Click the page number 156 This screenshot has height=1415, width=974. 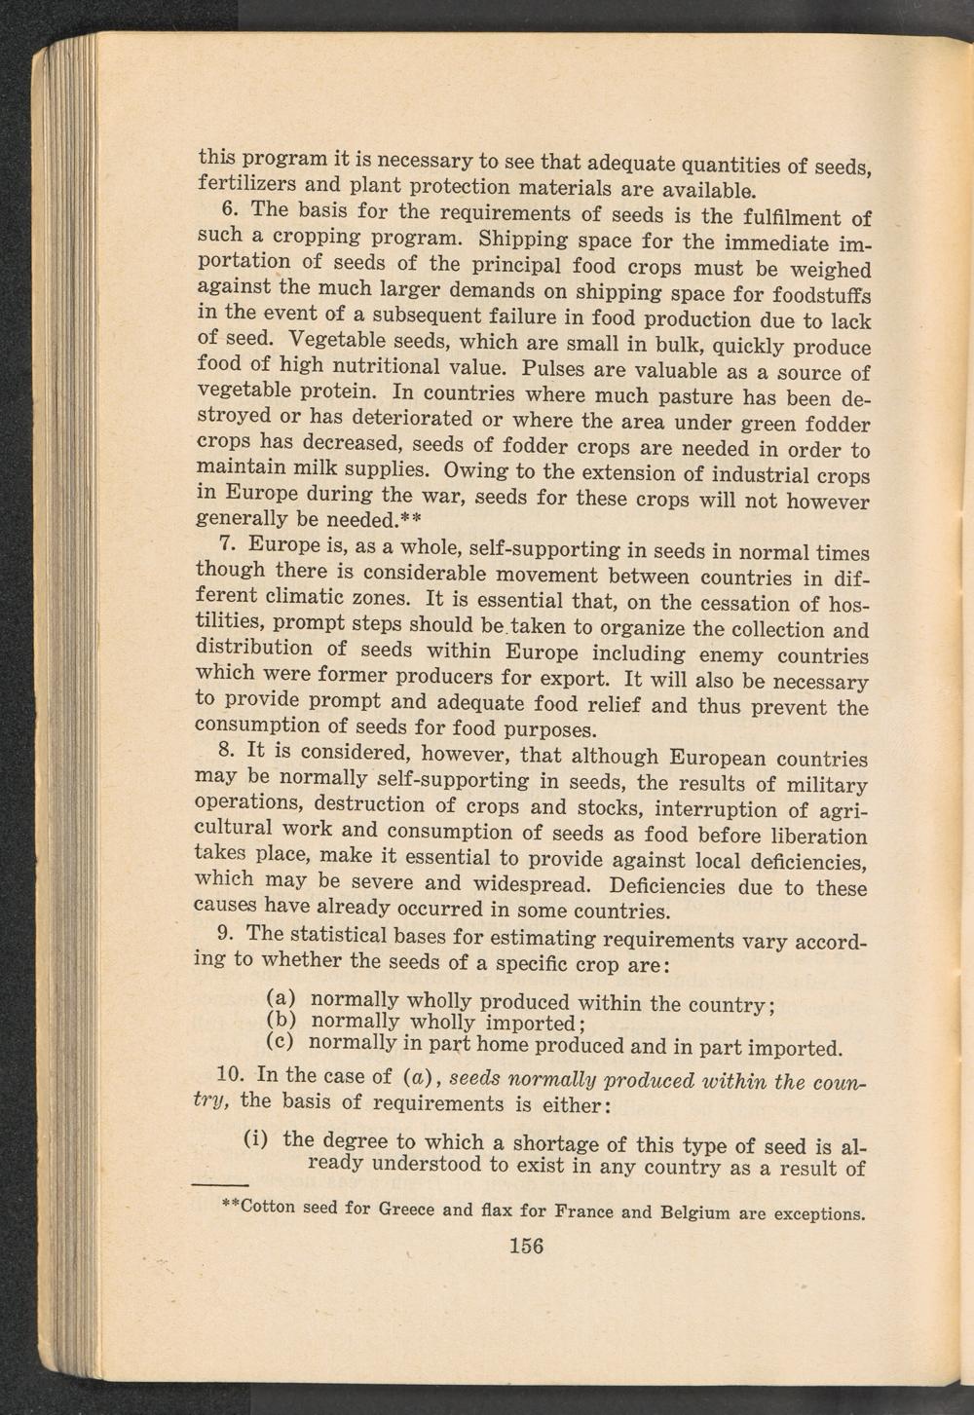(x=525, y=1246)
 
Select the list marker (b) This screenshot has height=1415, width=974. (x=281, y=1021)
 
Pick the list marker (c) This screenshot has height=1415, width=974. (x=281, y=1041)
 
